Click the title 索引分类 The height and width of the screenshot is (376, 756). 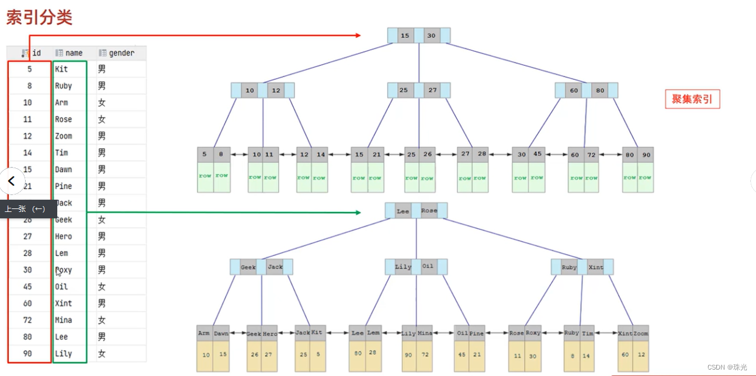tap(39, 17)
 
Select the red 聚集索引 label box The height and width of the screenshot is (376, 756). tap(692, 99)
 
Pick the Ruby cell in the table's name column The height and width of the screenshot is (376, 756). tap(64, 86)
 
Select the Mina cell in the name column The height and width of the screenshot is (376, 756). tap(64, 320)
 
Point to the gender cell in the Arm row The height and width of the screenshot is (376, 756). tap(102, 103)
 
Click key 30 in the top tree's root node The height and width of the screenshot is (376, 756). tap(431, 36)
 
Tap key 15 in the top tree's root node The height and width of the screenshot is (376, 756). tap(405, 36)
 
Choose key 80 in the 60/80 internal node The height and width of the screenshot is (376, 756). tap(600, 90)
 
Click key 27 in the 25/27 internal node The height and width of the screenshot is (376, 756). tap(432, 90)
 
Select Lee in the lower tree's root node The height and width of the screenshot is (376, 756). tap(403, 211)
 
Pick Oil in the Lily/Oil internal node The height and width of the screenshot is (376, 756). tap(428, 267)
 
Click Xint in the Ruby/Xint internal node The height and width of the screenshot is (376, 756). tap(596, 267)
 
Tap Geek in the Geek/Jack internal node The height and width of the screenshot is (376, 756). tap(248, 267)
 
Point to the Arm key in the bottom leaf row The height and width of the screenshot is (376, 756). tap(204, 333)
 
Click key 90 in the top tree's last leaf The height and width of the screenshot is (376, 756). tap(646, 155)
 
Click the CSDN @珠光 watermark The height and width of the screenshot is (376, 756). tap(727, 367)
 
